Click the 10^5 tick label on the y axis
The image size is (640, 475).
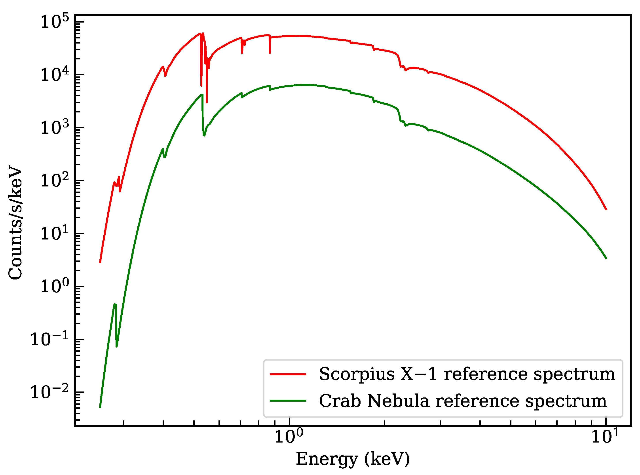(x=55, y=22)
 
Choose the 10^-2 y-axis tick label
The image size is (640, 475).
(x=49, y=392)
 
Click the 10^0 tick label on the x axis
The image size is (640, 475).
(x=289, y=437)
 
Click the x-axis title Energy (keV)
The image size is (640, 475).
(x=353, y=459)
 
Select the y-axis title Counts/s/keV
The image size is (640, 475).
(x=15, y=222)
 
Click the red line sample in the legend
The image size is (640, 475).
(x=287, y=374)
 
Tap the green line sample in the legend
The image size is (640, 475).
(x=287, y=401)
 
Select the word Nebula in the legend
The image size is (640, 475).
(x=398, y=401)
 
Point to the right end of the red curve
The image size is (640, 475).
(x=606, y=209)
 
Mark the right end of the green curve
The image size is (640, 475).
(x=606, y=258)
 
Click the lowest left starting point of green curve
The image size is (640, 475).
(x=100, y=407)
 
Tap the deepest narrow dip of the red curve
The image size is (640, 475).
(x=206, y=102)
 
